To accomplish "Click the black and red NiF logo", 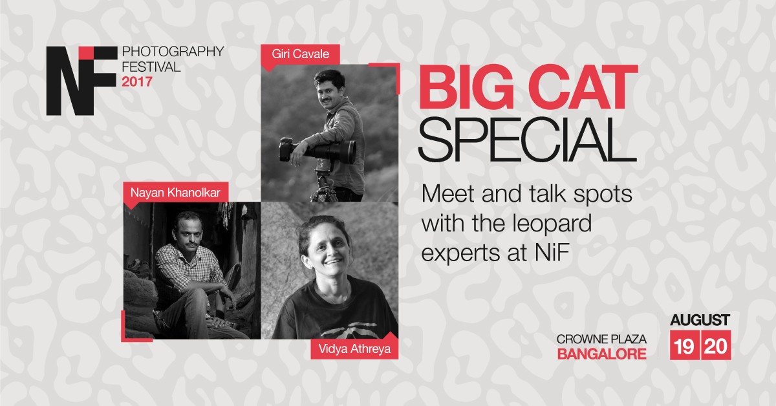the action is coord(81,81).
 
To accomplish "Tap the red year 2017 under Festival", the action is coord(137,81).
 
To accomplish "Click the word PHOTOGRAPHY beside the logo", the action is coord(173,52).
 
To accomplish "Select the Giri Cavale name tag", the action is coord(300,55).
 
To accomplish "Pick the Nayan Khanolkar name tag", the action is coord(175,193).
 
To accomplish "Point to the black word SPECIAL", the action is coord(528,140).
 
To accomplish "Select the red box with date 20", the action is coord(717,345).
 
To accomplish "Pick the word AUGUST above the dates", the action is coord(700,320).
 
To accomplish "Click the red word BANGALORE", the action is coord(602,354).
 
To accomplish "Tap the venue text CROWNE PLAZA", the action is coord(602,339).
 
